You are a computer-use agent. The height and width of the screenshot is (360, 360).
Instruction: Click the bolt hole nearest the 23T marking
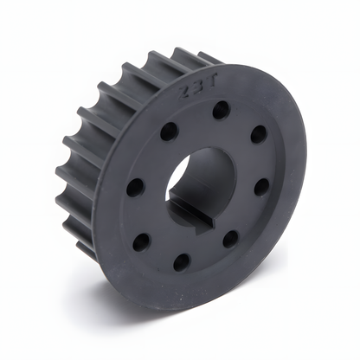221,110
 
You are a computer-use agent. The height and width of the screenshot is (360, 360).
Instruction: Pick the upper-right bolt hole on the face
258,134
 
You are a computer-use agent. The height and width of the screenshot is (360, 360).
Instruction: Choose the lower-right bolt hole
230,237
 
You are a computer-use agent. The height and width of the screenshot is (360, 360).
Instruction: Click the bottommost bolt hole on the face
182,260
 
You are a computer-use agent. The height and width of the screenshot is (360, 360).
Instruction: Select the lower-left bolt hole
142,240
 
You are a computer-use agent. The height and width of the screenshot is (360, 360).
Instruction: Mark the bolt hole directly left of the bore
134,187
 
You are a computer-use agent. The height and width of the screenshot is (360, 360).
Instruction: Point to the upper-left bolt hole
169,132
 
